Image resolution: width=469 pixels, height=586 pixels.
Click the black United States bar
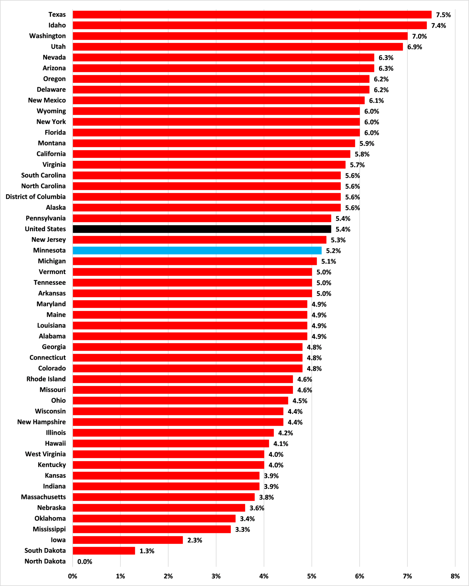click(202, 229)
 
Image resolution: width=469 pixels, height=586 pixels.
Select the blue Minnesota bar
click(197, 250)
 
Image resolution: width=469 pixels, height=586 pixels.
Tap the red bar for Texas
click(252, 15)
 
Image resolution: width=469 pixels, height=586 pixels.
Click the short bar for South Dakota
click(104, 551)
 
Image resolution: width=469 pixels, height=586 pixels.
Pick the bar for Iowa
click(128, 540)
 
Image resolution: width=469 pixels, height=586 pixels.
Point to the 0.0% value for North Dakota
click(85, 562)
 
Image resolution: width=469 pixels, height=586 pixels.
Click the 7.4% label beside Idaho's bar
click(438, 25)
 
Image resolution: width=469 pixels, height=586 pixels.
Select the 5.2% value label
click(333, 251)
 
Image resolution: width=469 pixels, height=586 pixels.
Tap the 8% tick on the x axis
click(455, 576)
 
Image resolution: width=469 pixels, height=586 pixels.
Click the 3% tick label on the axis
click(216, 576)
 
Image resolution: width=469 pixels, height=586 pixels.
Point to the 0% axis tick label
click(73, 576)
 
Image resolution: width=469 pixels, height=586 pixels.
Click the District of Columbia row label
click(35, 197)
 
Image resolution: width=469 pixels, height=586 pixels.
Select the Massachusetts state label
click(43, 497)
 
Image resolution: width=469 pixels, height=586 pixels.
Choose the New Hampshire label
click(41, 422)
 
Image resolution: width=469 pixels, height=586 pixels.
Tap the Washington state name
click(47, 36)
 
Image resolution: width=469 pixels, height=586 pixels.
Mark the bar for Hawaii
click(171, 444)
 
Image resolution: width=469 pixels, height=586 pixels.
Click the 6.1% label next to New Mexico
click(376, 100)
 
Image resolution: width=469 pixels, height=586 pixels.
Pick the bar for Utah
click(238, 47)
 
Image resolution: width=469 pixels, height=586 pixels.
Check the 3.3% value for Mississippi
click(242, 529)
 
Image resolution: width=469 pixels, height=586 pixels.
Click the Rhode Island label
click(46, 379)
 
